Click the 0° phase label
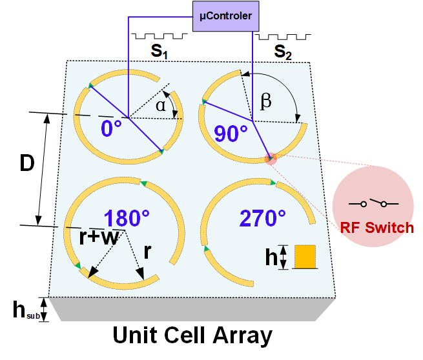(112, 128)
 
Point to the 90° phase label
(231, 133)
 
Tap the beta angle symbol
(265, 101)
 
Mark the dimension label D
(26, 164)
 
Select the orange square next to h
(304, 257)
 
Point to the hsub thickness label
(25, 310)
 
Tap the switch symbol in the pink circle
(373, 203)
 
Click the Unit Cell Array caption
(192, 336)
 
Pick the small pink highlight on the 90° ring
(271, 157)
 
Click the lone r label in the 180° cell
(147, 251)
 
